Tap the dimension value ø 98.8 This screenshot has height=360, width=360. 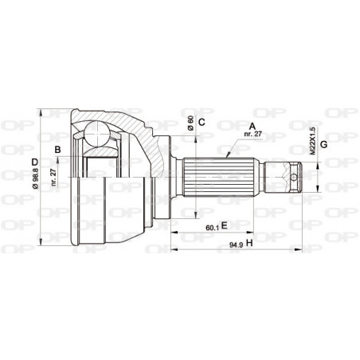[33, 186]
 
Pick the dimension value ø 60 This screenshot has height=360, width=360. [190, 123]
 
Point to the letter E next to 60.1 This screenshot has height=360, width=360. [225, 225]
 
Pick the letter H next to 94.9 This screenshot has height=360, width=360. [249, 241]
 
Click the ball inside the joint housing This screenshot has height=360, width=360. [100, 133]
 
